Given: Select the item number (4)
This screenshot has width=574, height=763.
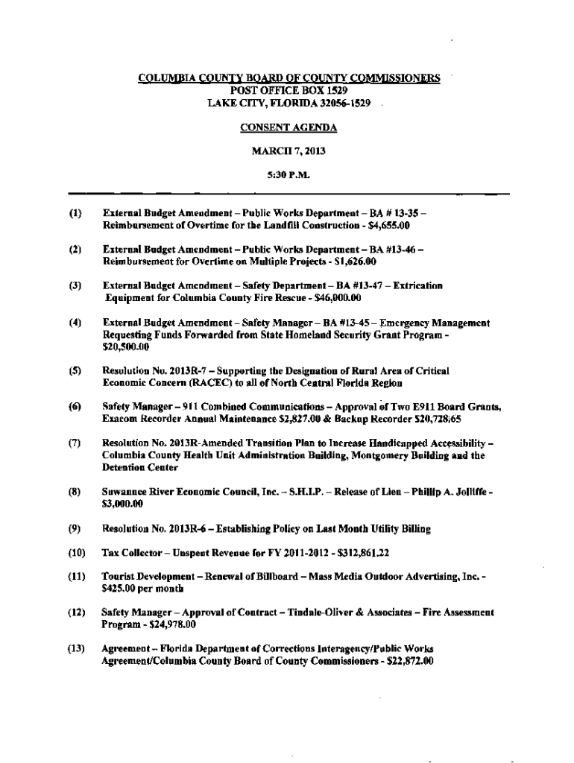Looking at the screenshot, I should [75, 323].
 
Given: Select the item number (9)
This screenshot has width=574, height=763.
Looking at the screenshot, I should [75, 529].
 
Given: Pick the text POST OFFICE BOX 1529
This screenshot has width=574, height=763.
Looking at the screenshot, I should [288, 90].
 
